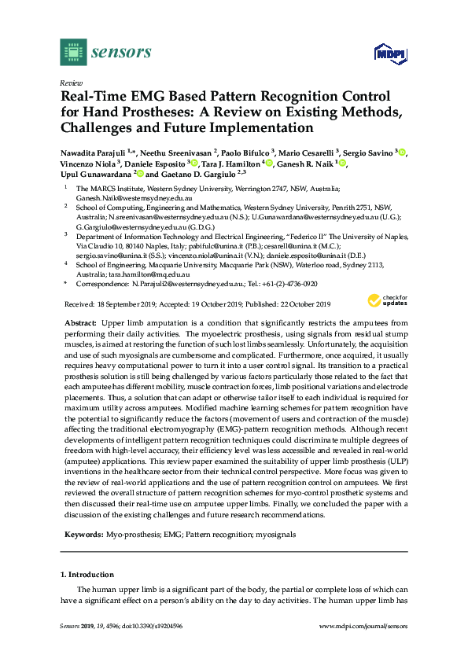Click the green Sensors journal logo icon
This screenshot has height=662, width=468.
pyautogui.click(x=73, y=52)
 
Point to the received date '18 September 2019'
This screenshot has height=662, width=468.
pyautogui.click(x=125, y=304)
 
